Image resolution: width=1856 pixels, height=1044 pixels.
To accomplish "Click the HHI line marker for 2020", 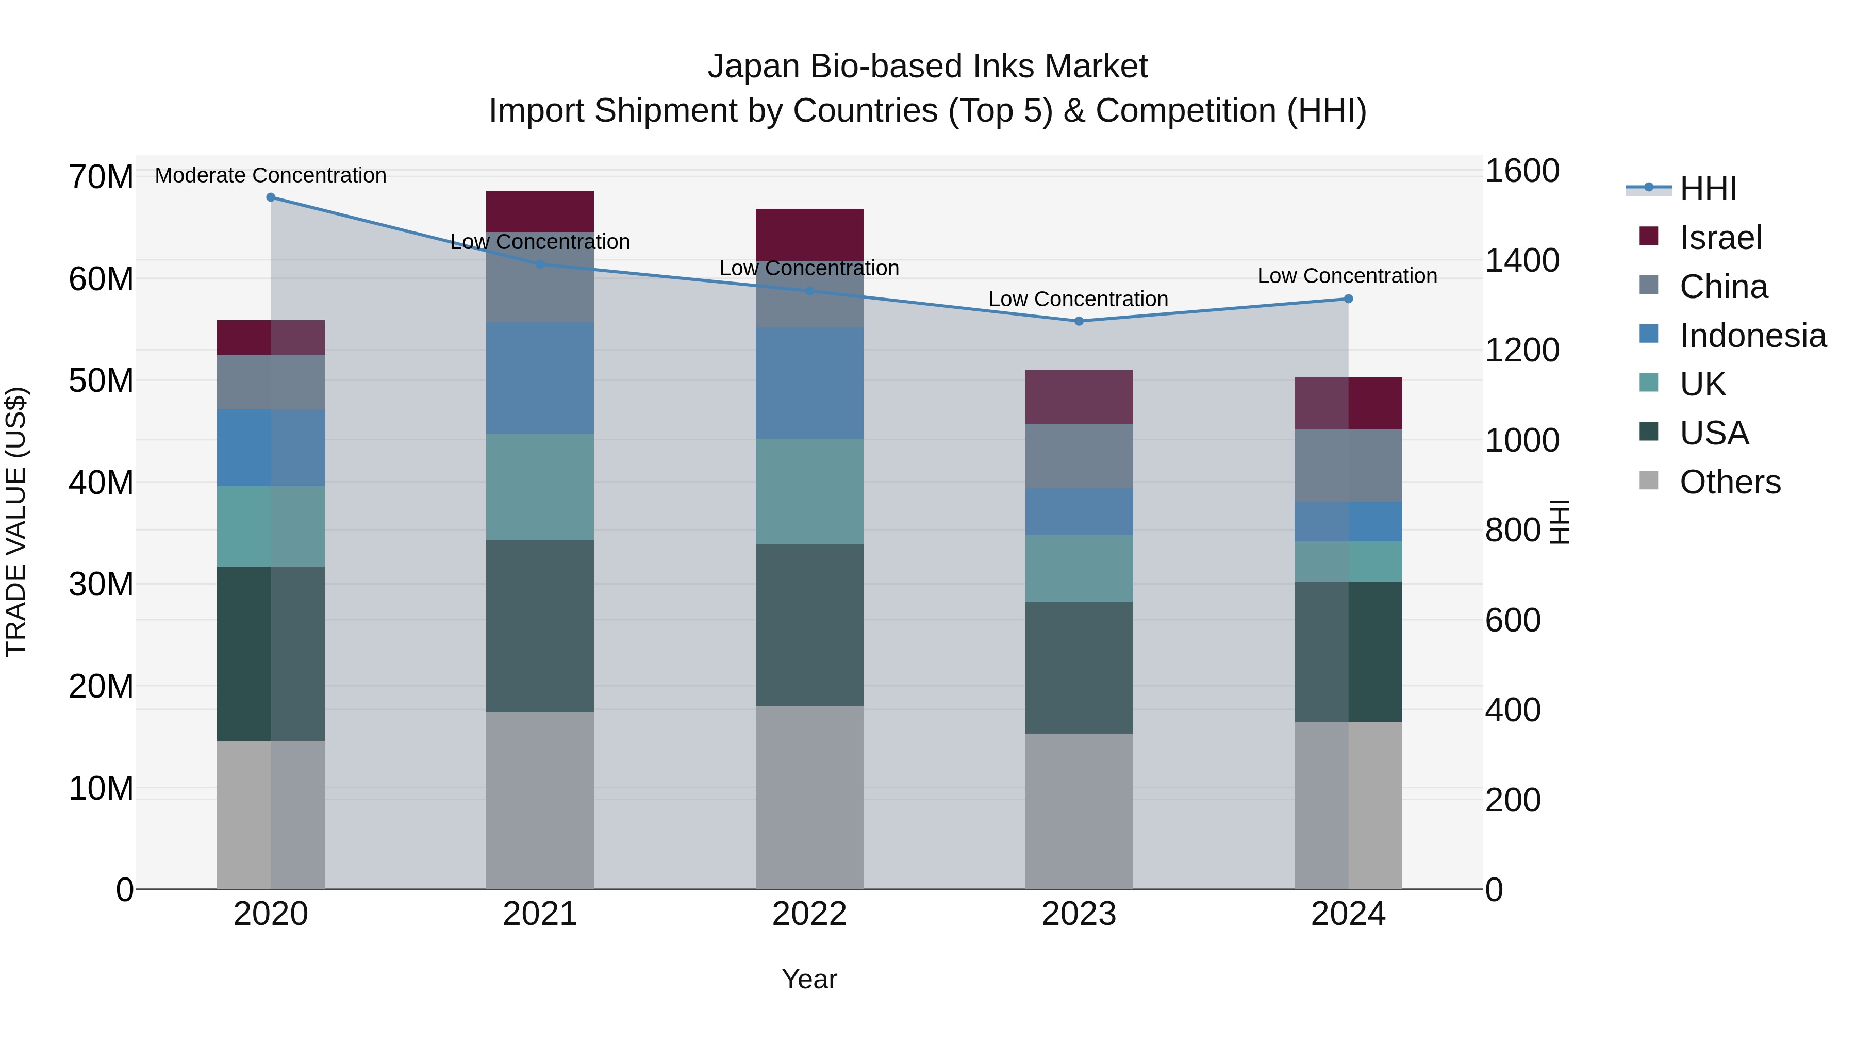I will [x=271, y=197].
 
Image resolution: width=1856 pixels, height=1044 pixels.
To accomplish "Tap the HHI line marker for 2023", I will [x=1079, y=321].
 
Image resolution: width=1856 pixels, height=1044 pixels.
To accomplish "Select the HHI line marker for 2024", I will [x=1348, y=299].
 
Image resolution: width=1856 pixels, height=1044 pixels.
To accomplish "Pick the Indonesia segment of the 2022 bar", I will [x=809, y=383].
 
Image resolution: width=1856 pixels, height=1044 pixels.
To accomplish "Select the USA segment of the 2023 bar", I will [x=1079, y=668].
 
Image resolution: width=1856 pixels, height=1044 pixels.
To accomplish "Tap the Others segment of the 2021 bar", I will [x=540, y=801].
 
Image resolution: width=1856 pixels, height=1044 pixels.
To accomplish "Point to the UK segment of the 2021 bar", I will [x=540, y=487].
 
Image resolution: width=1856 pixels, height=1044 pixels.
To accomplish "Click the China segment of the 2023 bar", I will [x=1079, y=456].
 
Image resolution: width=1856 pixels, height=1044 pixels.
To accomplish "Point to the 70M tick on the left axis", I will [x=101, y=177].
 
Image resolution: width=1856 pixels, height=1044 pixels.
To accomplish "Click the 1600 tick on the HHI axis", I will [x=1522, y=172].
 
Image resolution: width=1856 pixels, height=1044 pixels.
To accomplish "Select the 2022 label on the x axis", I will [x=809, y=914].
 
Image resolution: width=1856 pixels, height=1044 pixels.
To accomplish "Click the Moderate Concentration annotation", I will [x=271, y=175].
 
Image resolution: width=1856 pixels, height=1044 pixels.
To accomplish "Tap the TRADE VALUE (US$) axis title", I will [x=16, y=522].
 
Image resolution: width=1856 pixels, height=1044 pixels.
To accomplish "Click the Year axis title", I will [x=809, y=979].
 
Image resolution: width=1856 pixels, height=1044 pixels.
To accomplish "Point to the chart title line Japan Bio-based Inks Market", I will [x=927, y=67].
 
